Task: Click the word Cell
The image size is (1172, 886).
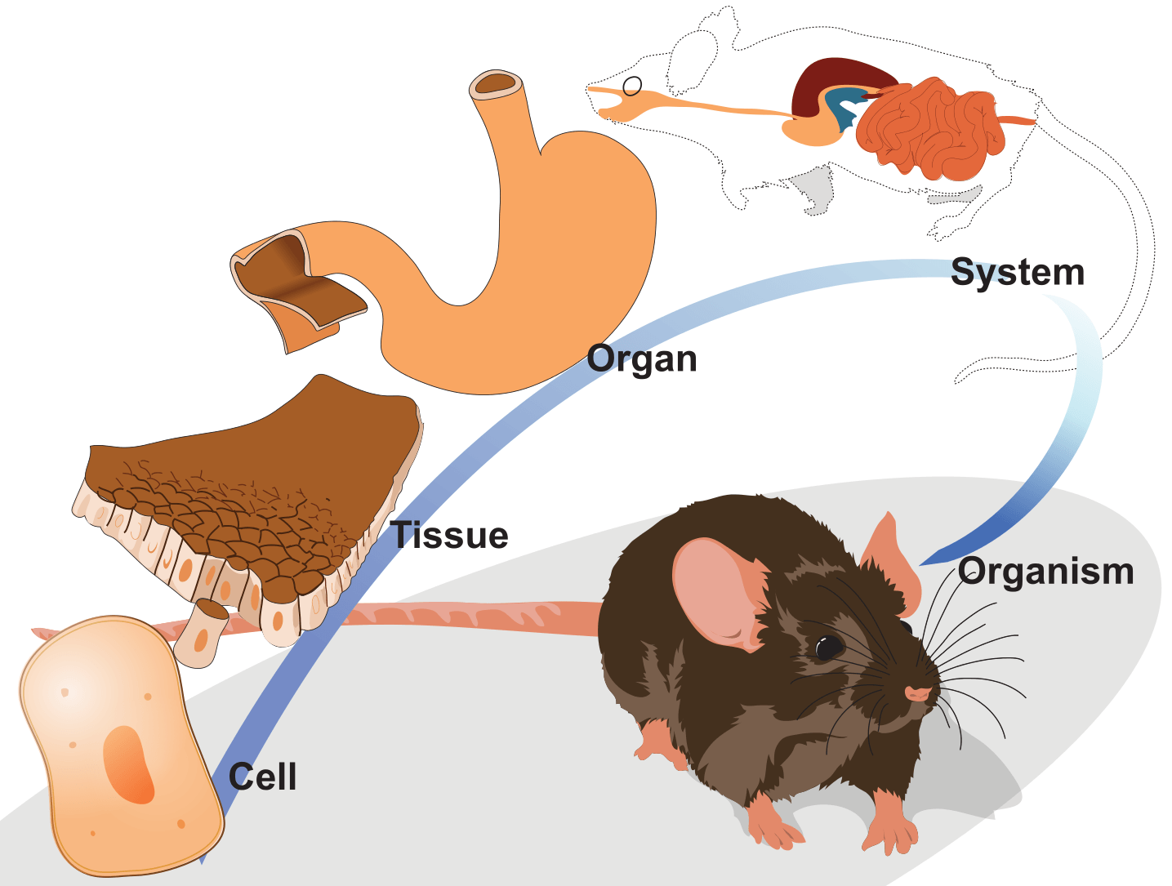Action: point(262,777)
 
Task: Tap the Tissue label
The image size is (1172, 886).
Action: point(450,536)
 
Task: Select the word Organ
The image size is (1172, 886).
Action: point(642,359)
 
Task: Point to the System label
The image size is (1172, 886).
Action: point(1018,273)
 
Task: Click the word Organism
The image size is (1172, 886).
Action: point(1046,572)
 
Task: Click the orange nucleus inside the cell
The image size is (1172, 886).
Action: point(128,764)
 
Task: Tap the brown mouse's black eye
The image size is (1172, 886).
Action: point(829,647)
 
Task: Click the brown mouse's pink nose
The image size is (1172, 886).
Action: point(918,694)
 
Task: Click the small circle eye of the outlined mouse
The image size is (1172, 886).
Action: point(632,86)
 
